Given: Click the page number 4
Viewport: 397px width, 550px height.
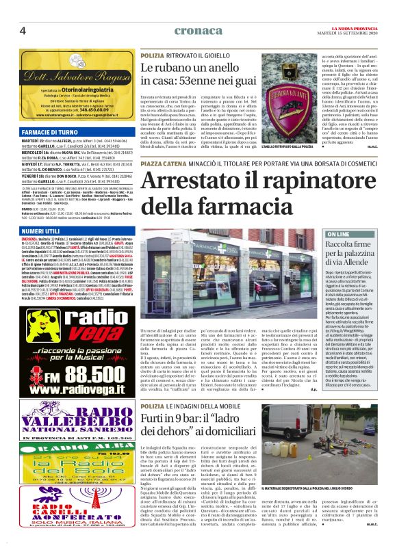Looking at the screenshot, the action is (x=23, y=31).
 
